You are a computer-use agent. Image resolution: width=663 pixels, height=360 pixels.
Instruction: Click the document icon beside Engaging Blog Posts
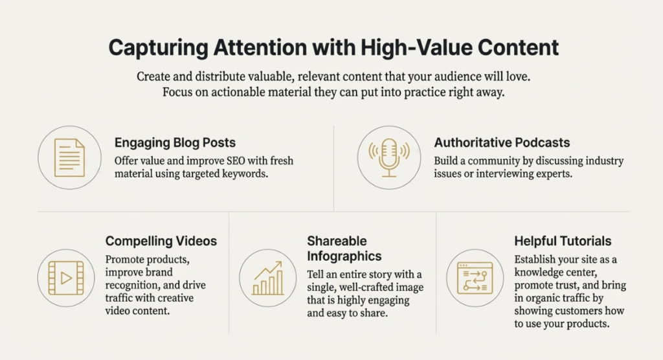(69, 158)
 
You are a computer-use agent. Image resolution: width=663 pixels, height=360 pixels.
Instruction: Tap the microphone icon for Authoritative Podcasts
(389, 158)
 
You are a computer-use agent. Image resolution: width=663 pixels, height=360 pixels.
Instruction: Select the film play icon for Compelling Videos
(66, 278)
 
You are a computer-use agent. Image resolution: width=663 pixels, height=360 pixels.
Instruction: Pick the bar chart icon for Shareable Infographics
(267, 278)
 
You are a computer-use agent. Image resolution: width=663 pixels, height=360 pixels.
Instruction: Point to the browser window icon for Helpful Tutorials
(475, 278)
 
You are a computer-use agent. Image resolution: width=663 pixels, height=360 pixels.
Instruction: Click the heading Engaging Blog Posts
(175, 142)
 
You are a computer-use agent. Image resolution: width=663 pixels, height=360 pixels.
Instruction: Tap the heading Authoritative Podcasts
(502, 142)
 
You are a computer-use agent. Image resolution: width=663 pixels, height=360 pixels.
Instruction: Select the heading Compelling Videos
(161, 241)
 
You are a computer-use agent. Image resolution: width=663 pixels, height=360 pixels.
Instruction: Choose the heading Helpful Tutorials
(563, 241)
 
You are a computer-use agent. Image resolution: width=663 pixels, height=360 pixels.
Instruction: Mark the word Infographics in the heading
(344, 256)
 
